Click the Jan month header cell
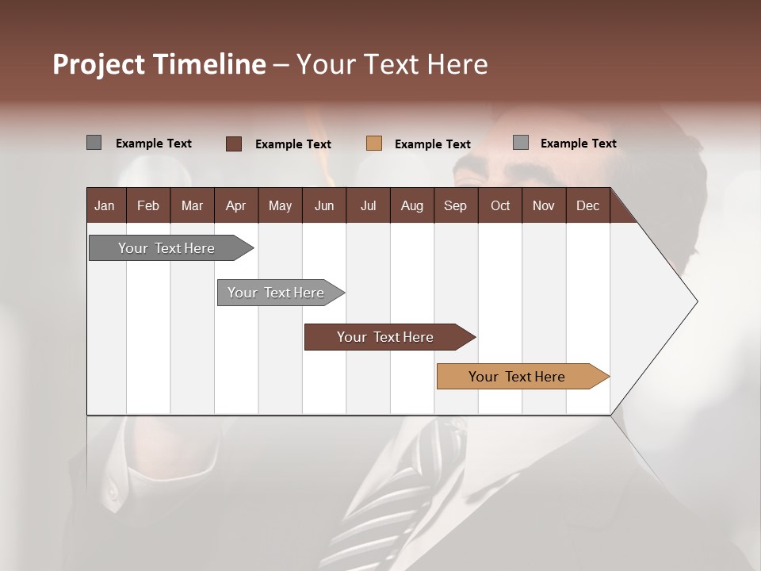click(x=105, y=205)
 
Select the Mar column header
click(x=192, y=205)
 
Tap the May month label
click(x=280, y=205)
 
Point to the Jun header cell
click(x=324, y=205)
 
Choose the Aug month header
click(x=411, y=205)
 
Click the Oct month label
click(x=500, y=205)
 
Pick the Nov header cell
click(x=544, y=205)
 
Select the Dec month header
click(x=587, y=205)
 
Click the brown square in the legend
click(x=234, y=144)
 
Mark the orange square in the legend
click(x=374, y=144)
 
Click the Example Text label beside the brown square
click(x=293, y=144)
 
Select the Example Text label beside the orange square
click(x=433, y=144)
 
